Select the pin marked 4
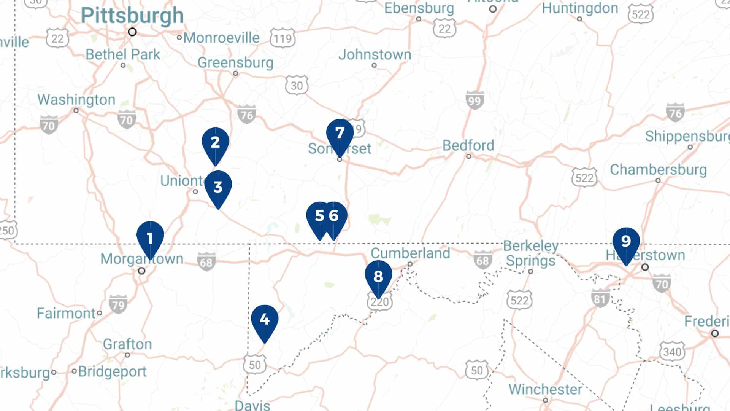point(265,320)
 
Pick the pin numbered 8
point(378,277)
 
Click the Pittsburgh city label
point(132,16)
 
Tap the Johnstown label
point(375,54)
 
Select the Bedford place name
point(468,145)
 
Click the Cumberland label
point(410,253)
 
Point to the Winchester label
point(545,389)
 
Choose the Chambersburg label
point(658,170)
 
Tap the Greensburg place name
point(235,62)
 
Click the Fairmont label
point(66,313)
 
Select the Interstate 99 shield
point(474,100)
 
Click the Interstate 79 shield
point(118,304)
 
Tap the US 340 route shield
point(672,351)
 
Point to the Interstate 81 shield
point(600,298)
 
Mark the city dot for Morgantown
point(141,271)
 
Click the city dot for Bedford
point(469,156)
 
